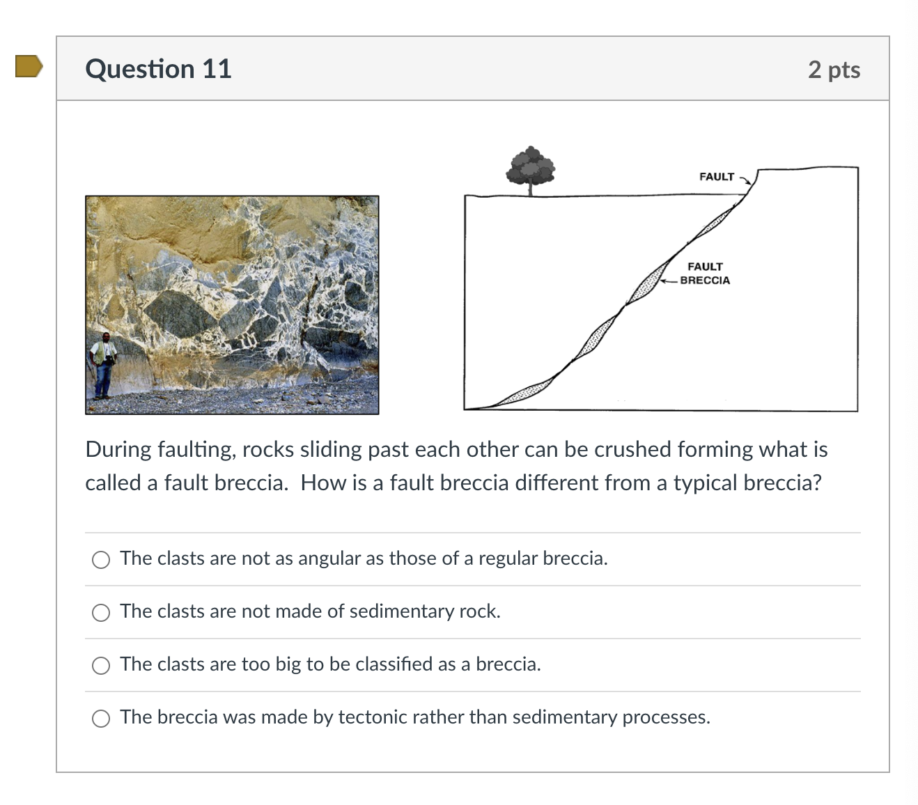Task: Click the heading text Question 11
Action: (x=158, y=69)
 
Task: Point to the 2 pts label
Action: (x=834, y=70)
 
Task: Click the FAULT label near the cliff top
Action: (x=716, y=177)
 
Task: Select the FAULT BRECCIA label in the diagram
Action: (x=705, y=274)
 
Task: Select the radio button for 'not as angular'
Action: (x=101, y=560)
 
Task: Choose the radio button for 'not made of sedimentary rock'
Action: (x=101, y=613)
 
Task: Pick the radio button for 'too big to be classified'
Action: (x=101, y=666)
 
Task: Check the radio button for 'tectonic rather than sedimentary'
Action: (x=101, y=719)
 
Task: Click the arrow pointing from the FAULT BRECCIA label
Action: (x=669, y=281)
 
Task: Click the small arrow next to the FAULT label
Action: (x=745, y=180)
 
